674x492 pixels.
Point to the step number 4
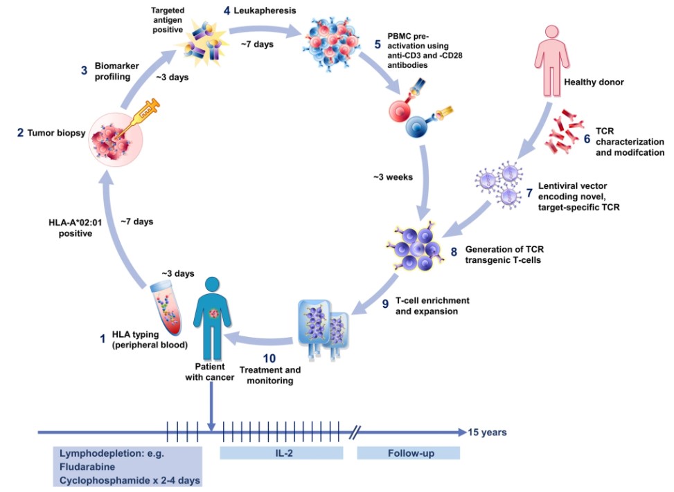pos(227,10)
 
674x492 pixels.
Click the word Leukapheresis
pos(264,10)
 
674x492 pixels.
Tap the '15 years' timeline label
pos(487,432)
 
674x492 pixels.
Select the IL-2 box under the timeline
pos(281,453)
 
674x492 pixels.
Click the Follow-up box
pos(408,453)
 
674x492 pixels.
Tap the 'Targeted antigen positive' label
pos(169,17)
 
